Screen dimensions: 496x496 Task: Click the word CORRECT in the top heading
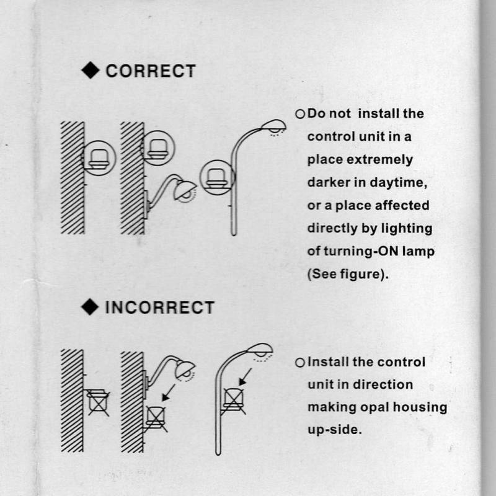(151, 71)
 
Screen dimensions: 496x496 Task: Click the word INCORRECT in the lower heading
(160, 308)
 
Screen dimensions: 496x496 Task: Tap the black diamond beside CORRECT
(91, 70)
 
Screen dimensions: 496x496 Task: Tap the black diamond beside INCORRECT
(90, 307)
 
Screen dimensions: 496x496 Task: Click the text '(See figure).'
(348, 274)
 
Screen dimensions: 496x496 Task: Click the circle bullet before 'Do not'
(300, 114)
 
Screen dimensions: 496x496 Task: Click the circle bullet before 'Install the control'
(300, 363)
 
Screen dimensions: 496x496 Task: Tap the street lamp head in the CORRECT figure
(273, 126)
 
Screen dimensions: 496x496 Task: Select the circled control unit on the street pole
(217, 177)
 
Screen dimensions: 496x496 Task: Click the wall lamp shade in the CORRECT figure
(185, 189)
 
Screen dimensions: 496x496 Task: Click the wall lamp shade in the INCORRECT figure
(185, 368)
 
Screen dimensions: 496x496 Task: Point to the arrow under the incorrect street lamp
(245, 377)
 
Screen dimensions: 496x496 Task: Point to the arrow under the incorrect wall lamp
(168, 393)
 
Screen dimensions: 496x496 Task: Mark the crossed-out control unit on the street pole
(234, 400)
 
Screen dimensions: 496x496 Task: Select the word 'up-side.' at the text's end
(335, 430)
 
